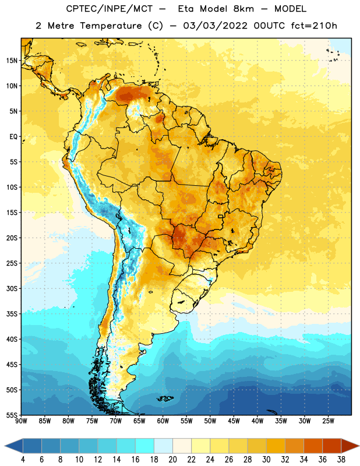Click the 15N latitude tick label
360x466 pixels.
click(12, 61)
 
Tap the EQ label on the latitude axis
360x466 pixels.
click(13, 137)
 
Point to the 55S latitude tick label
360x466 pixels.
click(12, 415)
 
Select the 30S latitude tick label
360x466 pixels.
click(12, 288)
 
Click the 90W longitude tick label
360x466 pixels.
click(21, 421)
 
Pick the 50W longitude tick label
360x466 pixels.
click(210, 421)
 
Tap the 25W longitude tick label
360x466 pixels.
click(329, 421)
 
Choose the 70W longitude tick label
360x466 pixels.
click(116, 421)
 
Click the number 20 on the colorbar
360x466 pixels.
click(172, 460)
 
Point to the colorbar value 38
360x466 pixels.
click(341, 460)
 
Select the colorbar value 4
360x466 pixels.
click(23, 460)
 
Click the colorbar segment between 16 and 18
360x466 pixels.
click(144, 446)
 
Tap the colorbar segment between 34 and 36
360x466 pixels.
click(313, 446)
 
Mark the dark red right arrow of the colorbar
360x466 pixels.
click(350, 446)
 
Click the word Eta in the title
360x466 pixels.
click(186, 9)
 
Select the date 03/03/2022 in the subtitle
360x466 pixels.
click(215, 26)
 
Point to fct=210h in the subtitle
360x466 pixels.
click(314, 26)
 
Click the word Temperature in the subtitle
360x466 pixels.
click(111, 26)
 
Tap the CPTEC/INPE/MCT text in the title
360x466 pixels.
click(109, 9)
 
